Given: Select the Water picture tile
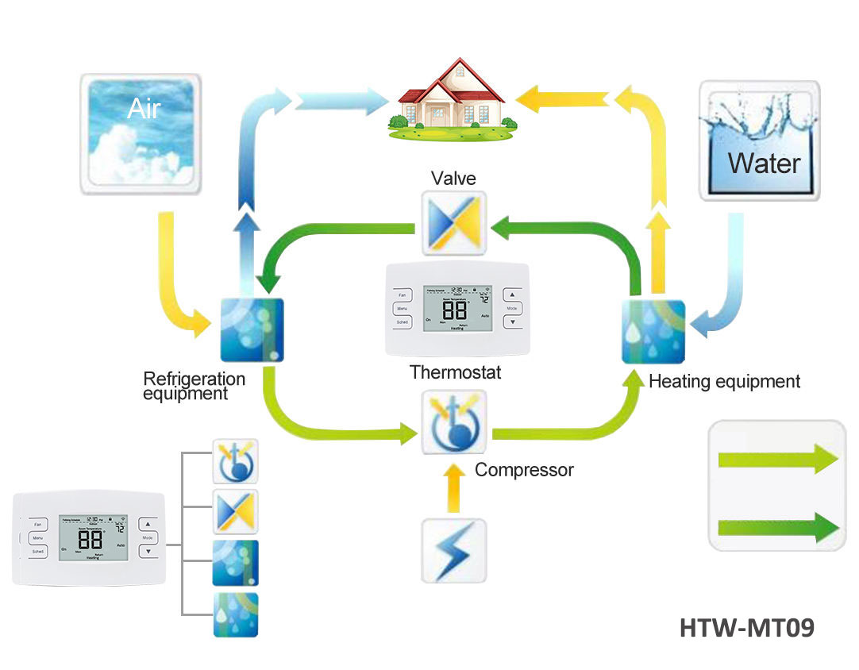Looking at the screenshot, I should pyautogui.click(x=759, y=140).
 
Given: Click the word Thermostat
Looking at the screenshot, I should pyautogui.click(x=455, y=372).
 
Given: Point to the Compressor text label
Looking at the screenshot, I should pyautogui.click(x=524, y=470).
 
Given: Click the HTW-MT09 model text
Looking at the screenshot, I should pyautogui.click(x=746, y=628).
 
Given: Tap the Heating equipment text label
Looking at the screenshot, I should pyautogui.click(x=724, y=381).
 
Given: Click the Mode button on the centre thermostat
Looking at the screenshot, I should pyautogui.click(x=512, y=307).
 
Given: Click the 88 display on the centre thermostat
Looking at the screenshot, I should pyautogui.click(x=454, y=310).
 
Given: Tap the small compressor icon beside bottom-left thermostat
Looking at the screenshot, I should pyautogui.click(x=235, y=461).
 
